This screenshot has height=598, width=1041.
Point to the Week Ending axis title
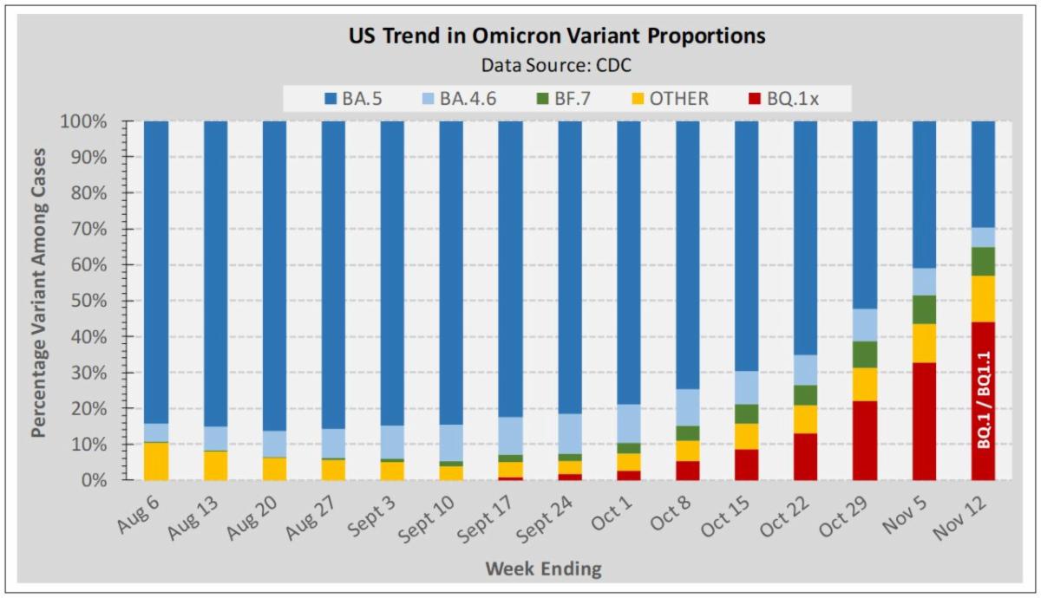point(543,569)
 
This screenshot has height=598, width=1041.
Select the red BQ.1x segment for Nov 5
point(924,421)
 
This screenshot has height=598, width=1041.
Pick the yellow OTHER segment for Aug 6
point(156,461)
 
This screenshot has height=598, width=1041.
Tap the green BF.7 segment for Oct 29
point(865,354)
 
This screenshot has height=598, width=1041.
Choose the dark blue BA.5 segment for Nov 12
point(983,174)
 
